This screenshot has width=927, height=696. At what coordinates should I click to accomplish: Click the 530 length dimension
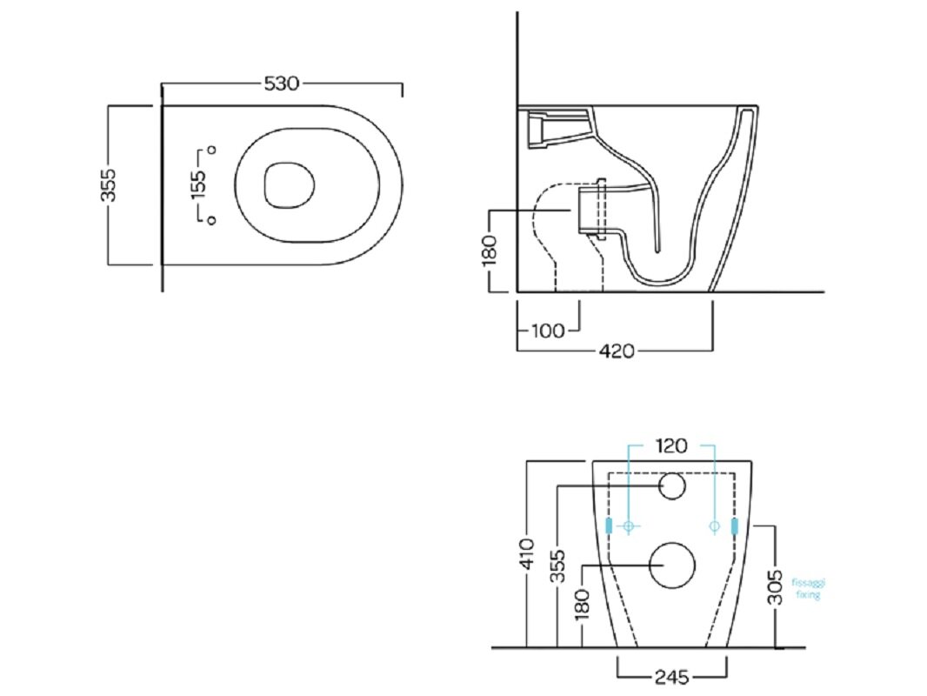(x=282, y=84)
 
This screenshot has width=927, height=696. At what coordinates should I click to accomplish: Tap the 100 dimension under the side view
(x=549, y=330)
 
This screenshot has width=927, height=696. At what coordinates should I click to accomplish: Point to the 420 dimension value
(x=617, y=351)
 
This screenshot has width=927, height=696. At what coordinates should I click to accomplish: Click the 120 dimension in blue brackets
(x=671, y=445)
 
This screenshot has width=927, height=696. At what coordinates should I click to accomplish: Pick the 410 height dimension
(x=527, y=553)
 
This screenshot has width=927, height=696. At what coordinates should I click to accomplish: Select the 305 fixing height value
(x=775, y=587)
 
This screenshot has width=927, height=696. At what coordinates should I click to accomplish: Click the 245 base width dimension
(x=672, y=676)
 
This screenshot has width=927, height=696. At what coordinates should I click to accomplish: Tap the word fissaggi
(x=808, y=583)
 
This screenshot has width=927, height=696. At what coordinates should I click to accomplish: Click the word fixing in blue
(x=808, y=594)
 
